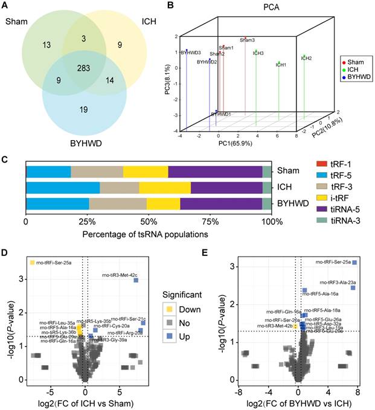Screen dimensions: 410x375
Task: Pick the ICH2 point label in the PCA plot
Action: (306, 59)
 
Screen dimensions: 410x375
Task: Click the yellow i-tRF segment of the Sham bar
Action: (146, 171)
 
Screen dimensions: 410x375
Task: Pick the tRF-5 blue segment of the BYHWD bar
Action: (57, 203)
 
